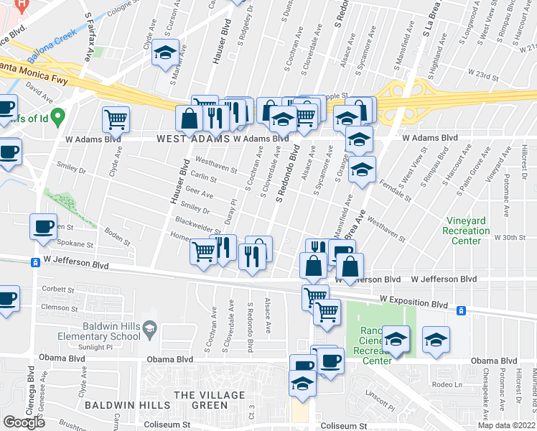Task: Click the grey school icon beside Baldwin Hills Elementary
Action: tap(149, 330)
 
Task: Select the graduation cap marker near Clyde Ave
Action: tap(166, 54)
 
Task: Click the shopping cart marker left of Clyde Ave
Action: tap(115, 119)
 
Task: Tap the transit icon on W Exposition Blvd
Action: tap(461, 310)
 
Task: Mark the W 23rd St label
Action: tap(483, 73)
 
